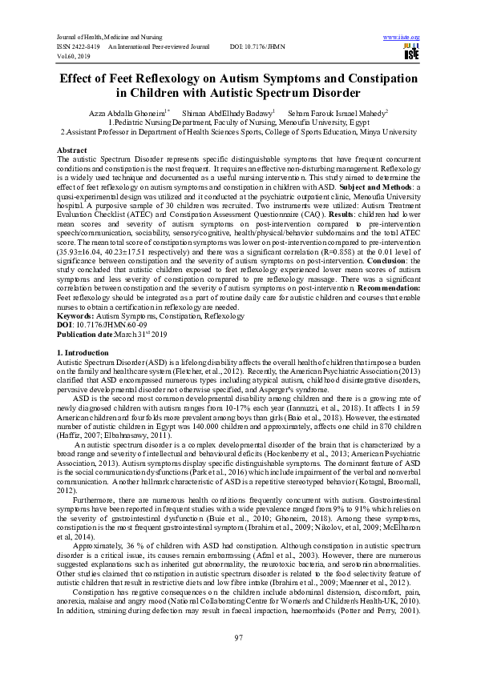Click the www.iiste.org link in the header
pos(402,38)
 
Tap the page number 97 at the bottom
pos(238,636)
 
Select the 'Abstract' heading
pos(72,150)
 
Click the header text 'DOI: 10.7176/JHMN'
pos(257,47)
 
